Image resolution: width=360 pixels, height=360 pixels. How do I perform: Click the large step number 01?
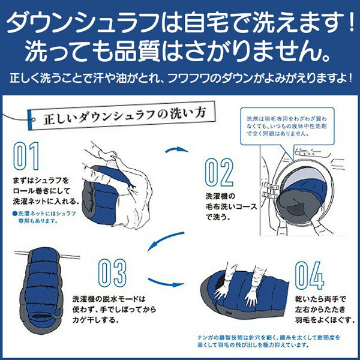(x=26, y=156)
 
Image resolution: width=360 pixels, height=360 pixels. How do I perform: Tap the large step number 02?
(x=219, y=172)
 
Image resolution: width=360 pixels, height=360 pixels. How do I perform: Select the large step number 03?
(x=112, y=273)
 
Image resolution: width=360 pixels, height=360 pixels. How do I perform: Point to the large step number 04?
(x=310, y=275)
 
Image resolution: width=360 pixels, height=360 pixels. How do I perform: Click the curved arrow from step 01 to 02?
(x=176, y=149)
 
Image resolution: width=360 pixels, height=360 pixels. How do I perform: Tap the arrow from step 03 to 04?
(x=166, y=283)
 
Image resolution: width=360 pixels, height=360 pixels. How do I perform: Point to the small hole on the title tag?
(x=34, y=119)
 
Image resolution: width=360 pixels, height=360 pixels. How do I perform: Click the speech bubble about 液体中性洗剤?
(x=287, y=126)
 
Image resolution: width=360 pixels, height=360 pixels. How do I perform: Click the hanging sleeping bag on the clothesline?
(x=41, y=290)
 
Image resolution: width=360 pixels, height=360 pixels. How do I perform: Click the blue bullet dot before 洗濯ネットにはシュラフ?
(x=15, y=214)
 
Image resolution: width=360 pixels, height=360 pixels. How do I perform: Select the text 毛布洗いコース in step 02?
(x=231, y=206)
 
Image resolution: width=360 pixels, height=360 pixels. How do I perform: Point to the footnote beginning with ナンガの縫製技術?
(x=268, y=341)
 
